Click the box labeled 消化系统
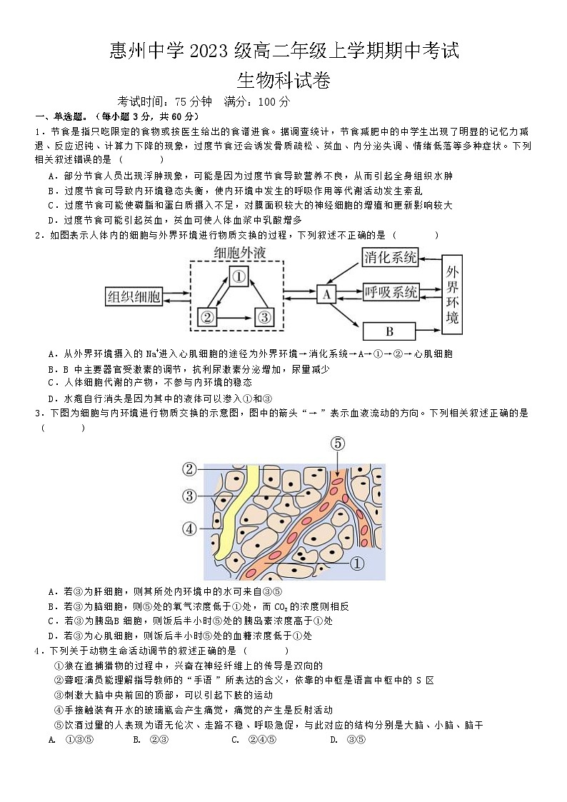point(390,258)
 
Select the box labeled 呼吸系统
point(390,293)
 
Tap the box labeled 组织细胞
point(134,296)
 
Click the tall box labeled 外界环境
point(452,294)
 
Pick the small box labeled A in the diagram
point(326,294)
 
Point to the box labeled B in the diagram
point(389,331)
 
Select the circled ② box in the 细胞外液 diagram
point(207,316)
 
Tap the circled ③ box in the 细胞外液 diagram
point(264,316)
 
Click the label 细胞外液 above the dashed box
point(238,253)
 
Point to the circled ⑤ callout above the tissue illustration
point(337,443)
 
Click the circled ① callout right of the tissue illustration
point(357,563)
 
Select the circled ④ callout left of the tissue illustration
point(189,529)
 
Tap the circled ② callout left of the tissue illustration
point(189,469)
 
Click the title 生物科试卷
point(283,81)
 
